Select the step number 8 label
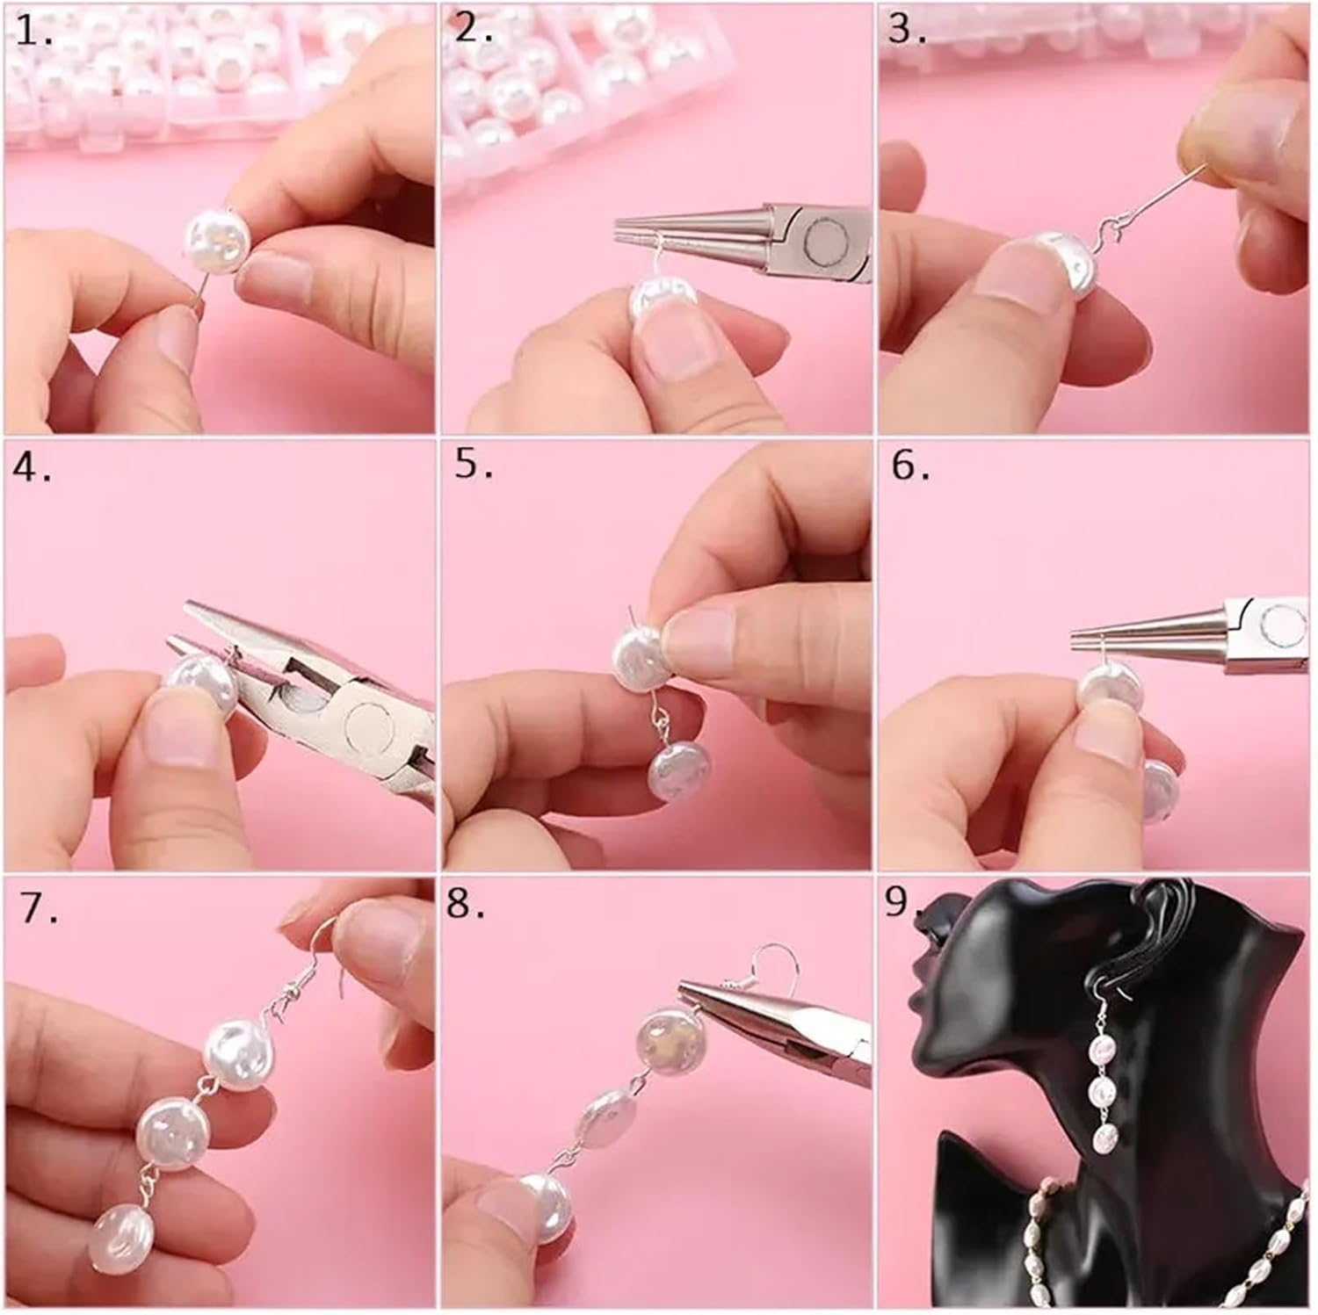[466, 903]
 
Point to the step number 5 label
[474, 466]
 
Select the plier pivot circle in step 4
[372, 725]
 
